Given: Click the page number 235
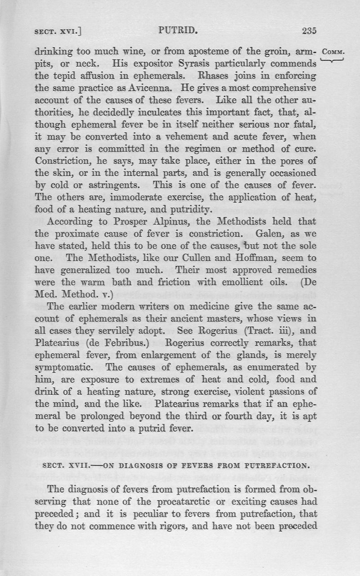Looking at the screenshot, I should [x=309, y=31].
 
